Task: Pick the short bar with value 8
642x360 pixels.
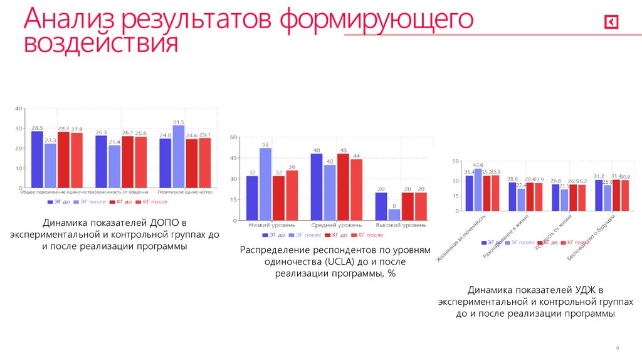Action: click(394, 214)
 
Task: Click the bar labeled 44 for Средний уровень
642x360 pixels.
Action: click(357, 189)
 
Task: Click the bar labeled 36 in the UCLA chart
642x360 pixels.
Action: click(292, 195)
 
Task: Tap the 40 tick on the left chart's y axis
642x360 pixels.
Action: click(19, 109)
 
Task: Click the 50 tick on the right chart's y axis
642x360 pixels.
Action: click(456, 162)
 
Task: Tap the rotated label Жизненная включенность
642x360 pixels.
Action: click(465, 241)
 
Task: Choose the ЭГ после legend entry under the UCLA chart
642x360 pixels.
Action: click(309, 235)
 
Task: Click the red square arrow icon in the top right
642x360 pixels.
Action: click(611, 23)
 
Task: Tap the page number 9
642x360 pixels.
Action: click(618, 348)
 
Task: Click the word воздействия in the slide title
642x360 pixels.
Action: click(101, 45)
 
